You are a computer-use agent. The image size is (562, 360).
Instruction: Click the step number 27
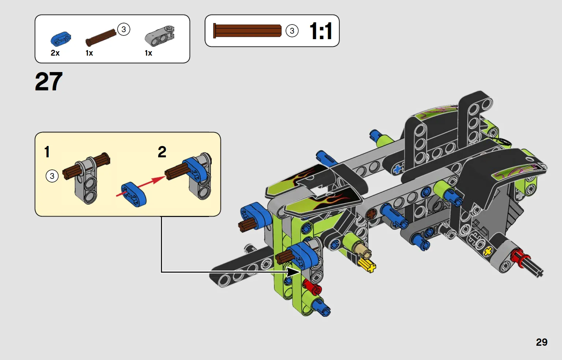coord(49,81)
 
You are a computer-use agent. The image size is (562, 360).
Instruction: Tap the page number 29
coord(541,342)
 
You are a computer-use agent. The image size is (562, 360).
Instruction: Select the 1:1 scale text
coord(321,31)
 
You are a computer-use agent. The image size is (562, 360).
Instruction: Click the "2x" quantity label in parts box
coord(55,53)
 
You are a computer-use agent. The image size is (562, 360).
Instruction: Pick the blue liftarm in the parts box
coord(61,39)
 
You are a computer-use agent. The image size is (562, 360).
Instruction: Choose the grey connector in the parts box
coord(160,36)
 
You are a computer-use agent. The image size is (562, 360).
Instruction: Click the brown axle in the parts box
coord(101,38)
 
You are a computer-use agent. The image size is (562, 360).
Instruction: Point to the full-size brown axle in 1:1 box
coord(247,31)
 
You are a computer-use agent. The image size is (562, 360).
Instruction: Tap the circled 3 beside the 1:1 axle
coord(292,31)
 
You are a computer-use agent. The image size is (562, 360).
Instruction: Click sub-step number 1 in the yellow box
coord(47,152)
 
